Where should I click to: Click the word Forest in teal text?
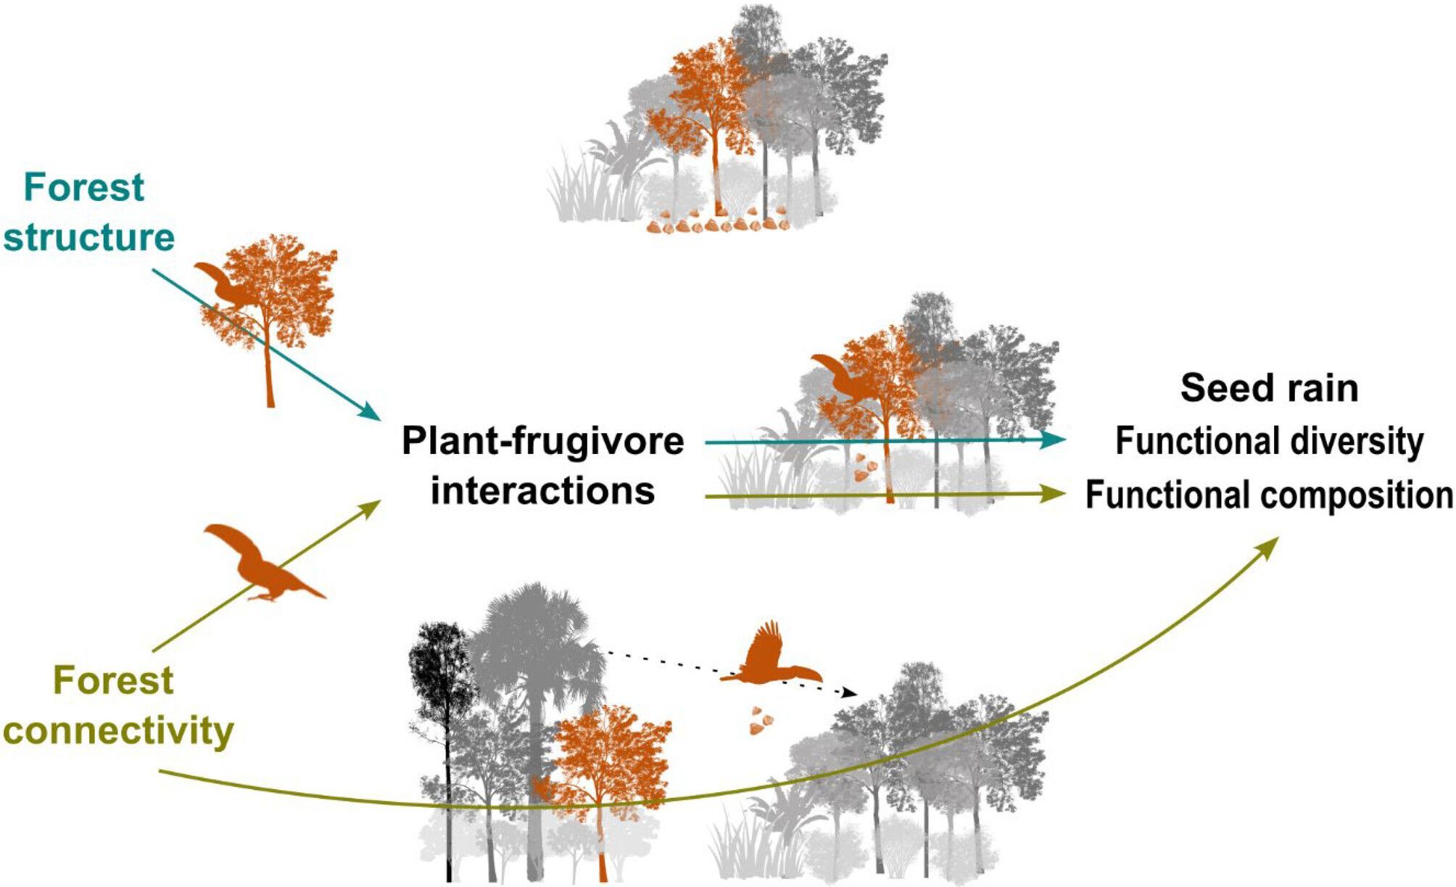[84, 188]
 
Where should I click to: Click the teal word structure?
[89, 238]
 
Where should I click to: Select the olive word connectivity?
[118, 730]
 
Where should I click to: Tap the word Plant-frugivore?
[542, 441]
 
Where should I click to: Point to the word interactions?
[542, 491]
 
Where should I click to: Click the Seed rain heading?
[1269, 388]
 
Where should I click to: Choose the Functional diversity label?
[1269, 441]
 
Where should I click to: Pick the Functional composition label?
[1269, 495]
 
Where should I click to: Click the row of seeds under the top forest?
[718, 225]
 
